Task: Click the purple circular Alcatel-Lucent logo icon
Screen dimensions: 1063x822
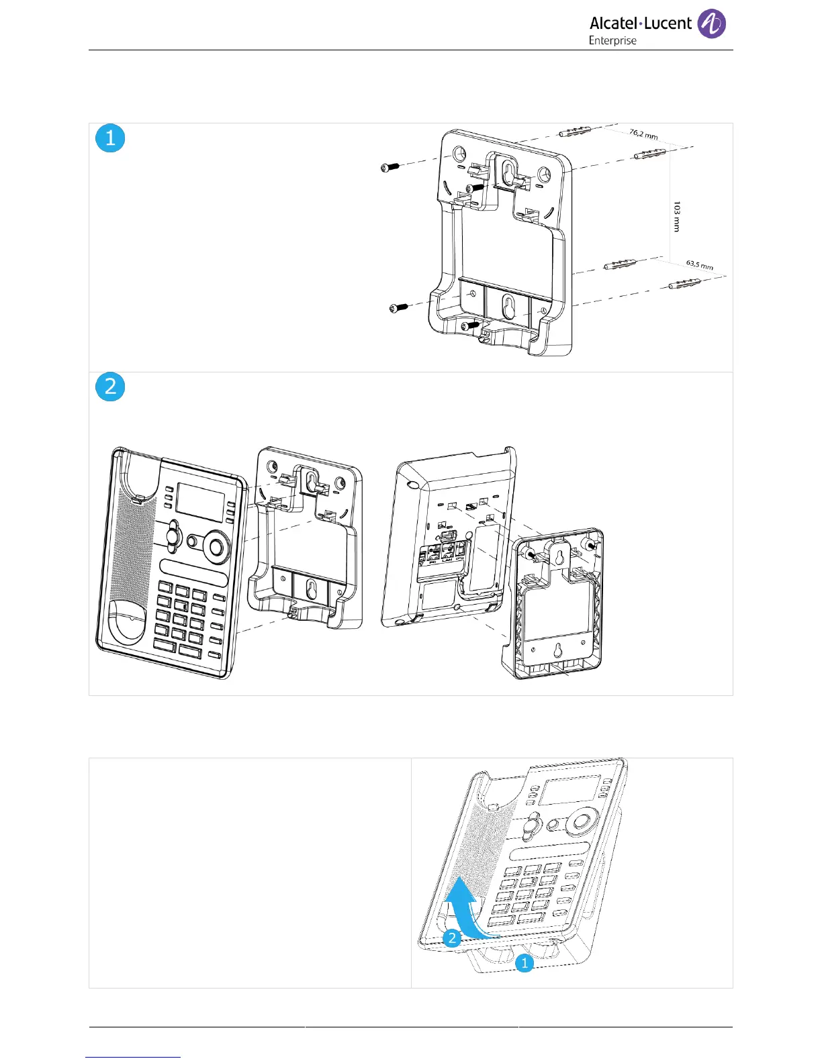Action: point(711,24)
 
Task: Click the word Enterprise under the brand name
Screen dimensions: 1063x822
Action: point(612,41)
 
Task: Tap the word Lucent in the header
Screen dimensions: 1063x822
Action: point(668,23)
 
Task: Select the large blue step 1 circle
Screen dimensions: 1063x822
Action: point(110,138)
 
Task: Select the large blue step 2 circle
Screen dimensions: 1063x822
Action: point(110,387)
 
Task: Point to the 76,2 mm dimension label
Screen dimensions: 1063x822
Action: point(643,134)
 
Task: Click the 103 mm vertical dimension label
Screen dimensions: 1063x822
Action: point(676,217)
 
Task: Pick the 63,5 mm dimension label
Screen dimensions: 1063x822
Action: point(700,266)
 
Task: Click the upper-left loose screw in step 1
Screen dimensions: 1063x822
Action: point(390,167)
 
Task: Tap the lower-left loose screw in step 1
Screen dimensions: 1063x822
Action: point(398,307)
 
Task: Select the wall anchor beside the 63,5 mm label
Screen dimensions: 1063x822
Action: point(684,285)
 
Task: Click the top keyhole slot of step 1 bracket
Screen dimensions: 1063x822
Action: point(508,173)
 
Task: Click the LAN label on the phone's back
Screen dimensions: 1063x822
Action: point(447,560)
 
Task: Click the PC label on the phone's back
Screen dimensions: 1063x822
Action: point(432,561)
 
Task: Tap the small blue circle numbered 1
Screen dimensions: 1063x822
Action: point(524,964)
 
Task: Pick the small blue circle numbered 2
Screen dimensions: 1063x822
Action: point(452,938)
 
